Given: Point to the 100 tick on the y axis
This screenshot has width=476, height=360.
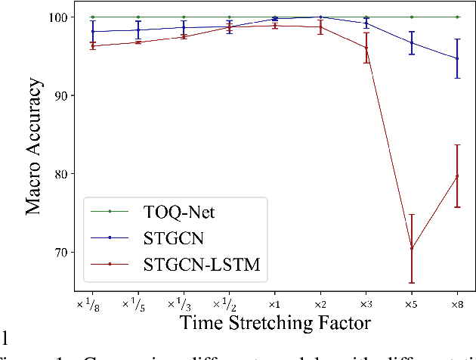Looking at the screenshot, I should [62, 17].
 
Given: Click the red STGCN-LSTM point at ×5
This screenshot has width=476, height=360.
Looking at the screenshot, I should [412, 248].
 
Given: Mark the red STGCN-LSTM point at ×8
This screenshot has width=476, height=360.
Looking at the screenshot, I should [457, 176].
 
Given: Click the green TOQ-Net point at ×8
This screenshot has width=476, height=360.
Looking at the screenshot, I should [457, 17].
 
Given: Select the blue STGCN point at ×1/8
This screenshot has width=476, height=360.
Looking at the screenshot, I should [92, 32].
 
